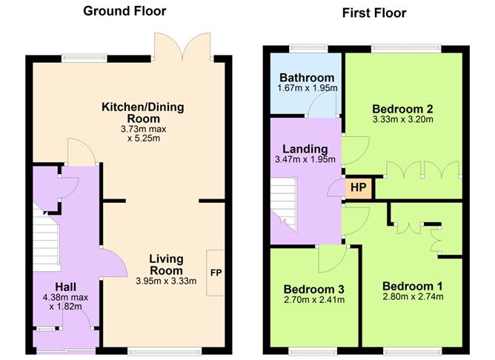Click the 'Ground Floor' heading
(x=124, y=10)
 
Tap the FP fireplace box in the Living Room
(x=216, y=273)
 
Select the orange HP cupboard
(x=358, y=187)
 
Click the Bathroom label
(x=307, y=78)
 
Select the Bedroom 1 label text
(x=413, y=286)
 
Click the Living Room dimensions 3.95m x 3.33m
(x=166, y=281)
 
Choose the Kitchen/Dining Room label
(x=142, y=113)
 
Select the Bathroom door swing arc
(x=322, y=107)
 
